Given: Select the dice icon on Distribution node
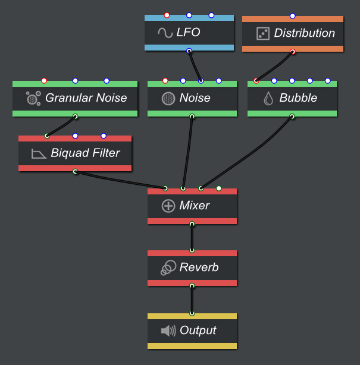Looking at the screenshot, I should (263, 33).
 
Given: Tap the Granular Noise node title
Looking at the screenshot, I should (86, 98).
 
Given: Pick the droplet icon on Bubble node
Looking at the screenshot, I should (268, 98).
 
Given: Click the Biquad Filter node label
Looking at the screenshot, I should (85, 153).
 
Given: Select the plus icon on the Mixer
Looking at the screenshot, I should (168, 206).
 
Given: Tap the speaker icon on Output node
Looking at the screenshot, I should (168, 331).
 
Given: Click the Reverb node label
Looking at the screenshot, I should (199, 268).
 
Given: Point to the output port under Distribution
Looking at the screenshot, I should (293, 52).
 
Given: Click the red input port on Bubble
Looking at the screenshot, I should (256, 81).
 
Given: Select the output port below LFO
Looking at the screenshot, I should (189, 51).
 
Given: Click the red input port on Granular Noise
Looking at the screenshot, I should (44, 81).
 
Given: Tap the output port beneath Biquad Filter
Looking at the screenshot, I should (75, 172).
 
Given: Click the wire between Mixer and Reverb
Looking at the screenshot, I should (192, 238).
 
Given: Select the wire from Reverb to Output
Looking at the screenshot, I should (192, 300).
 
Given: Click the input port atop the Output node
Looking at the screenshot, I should (192, 313).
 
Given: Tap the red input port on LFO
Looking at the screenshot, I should (167, 15).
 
